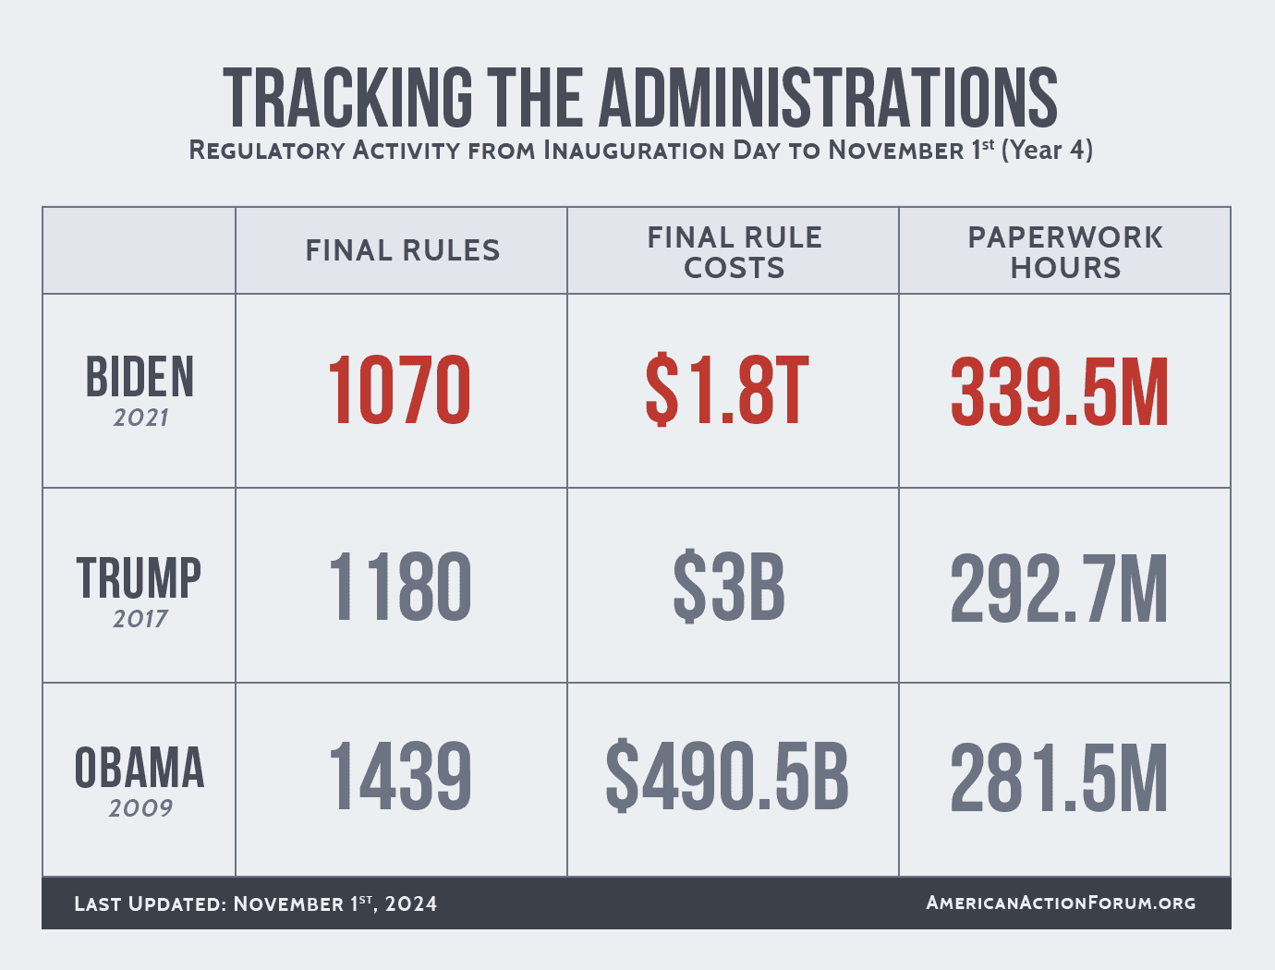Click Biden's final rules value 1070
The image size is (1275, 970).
click(399, 391)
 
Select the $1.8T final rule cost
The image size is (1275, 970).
click(727, 391)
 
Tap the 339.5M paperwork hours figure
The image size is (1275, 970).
click(1060, 393)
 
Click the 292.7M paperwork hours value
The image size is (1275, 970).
click(1059, 588)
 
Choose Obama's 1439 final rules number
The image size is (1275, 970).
click(399, 778)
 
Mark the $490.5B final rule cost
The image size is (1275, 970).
click(727, 778)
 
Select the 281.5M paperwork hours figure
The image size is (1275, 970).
click(1059, 778)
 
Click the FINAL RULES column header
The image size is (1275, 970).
click(403, 250)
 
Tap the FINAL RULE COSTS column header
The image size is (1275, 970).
click(735, 252)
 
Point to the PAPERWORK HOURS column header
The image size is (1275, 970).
click(1065, 252)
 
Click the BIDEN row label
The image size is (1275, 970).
click(140, 377)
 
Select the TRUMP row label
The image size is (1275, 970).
click(140, 578)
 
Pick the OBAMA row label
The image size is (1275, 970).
click(140, 769)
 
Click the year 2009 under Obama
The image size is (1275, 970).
click(140, 808)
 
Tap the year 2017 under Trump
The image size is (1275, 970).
click(140, 619)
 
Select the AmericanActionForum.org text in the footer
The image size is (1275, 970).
click(1061, 903)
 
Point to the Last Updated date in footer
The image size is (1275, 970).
click(256, 903)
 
